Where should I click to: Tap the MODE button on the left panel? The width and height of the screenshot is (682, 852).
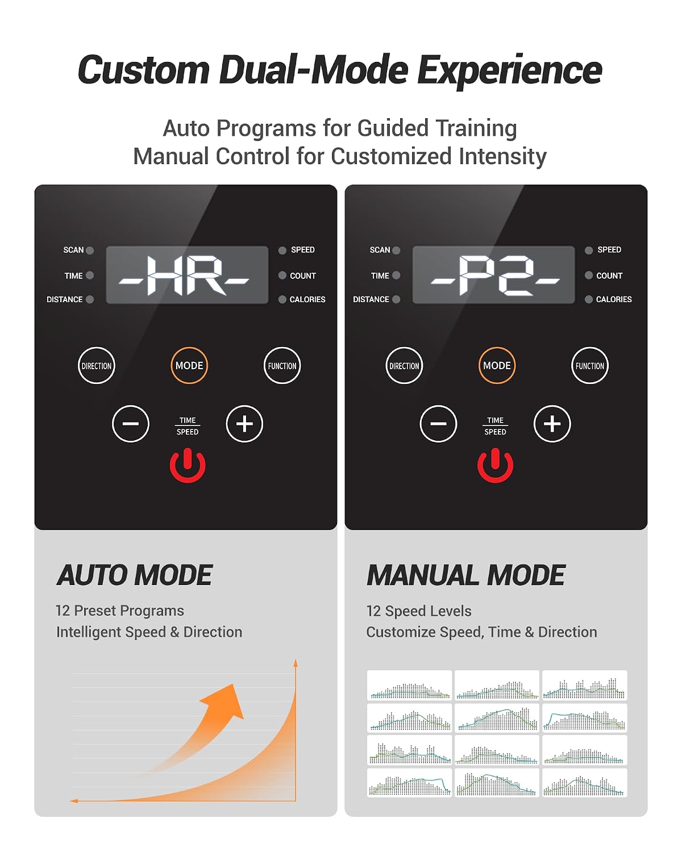189,365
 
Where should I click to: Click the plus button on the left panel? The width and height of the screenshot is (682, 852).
244,424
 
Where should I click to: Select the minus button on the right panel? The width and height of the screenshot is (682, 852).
438,424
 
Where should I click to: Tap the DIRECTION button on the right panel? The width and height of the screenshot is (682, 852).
404,365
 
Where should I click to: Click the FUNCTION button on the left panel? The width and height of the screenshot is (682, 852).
282,365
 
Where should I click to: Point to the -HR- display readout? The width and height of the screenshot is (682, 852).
184,275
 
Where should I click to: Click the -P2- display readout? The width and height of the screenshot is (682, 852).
496,275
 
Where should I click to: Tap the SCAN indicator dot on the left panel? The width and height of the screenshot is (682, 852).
90,250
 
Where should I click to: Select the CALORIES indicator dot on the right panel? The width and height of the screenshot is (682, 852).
589,299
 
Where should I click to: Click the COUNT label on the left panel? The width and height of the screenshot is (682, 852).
303,275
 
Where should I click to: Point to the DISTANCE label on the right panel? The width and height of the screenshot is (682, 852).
371,299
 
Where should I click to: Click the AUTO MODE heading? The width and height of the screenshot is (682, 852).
135,575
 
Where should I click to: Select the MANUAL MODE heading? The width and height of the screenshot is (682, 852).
466,575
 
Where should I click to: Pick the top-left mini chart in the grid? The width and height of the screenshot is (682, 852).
409,686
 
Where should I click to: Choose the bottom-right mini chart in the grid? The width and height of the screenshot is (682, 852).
584,783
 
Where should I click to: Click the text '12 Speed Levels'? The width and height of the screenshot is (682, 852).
419,611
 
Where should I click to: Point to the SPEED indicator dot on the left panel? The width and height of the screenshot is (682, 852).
282,250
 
